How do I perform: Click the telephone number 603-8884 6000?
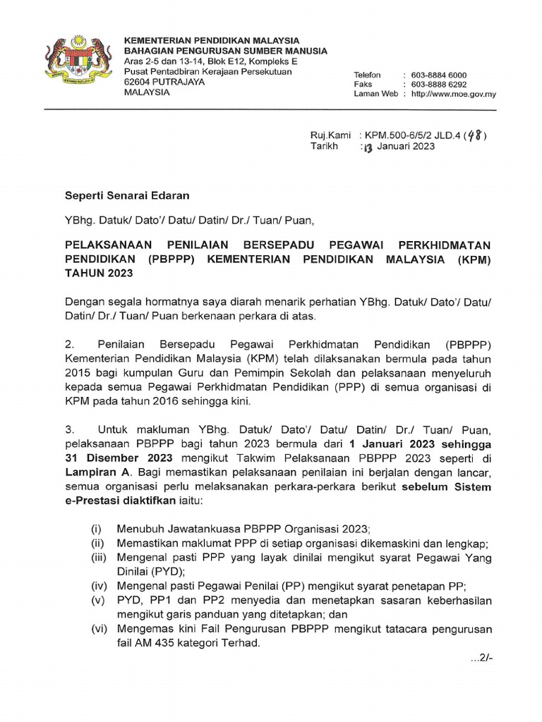tap(438, 75)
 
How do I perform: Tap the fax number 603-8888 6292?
tap(438, 84)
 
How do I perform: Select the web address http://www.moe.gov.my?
tap(453, 94)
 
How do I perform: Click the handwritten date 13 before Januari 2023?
tap(366, 147)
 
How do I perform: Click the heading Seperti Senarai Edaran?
tap(128, 195)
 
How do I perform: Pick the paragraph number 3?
tap(69, 429)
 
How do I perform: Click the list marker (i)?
tap(97, 529)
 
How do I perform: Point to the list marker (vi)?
tap(98, 630)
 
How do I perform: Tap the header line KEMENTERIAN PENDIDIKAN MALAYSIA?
tap(212, 40)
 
